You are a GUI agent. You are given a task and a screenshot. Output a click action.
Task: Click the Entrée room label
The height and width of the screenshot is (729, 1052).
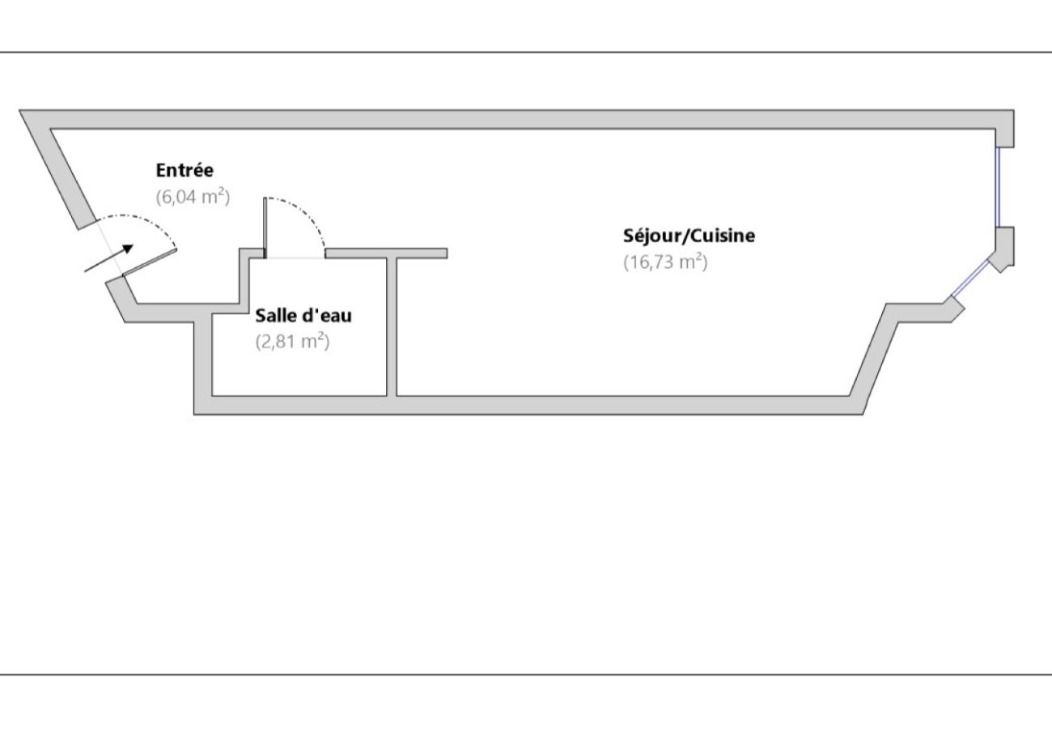click(x=185, y=171)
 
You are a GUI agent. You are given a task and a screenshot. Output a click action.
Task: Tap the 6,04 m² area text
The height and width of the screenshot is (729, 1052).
click(x=193, y=196)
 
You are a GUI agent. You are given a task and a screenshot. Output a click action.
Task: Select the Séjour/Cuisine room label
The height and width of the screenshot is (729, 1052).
click(x=689, y=236)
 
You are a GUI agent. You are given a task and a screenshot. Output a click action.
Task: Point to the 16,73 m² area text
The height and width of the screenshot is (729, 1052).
click(x=665, y=262)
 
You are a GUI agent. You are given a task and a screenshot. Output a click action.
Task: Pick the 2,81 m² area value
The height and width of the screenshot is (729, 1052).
click(x=292, y=341)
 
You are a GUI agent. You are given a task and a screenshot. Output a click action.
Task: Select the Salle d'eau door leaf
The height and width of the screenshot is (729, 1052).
click(x=265, y=227)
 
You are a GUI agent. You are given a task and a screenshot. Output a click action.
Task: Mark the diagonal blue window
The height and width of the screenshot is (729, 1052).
click(x=969, y=279)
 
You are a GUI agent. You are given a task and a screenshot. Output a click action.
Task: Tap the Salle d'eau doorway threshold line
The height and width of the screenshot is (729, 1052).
click(x=296, y=258)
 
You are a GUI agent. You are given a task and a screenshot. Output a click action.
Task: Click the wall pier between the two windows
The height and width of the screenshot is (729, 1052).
click(x=1004, y=245)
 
